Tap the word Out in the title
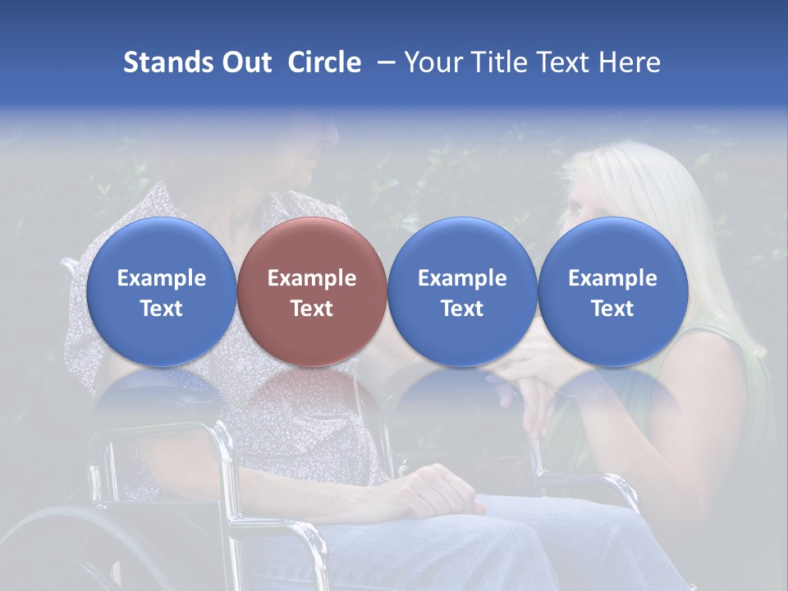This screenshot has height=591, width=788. click(244, 62)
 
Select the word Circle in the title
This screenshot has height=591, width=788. click(324, 62)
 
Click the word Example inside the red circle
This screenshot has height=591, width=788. click(311, 278)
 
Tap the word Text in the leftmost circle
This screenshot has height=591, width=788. click(161, 309)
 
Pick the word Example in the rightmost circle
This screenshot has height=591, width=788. click(612, 278)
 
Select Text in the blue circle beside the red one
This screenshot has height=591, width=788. click(462, 309)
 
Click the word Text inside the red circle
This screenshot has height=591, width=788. click(311, 309)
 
